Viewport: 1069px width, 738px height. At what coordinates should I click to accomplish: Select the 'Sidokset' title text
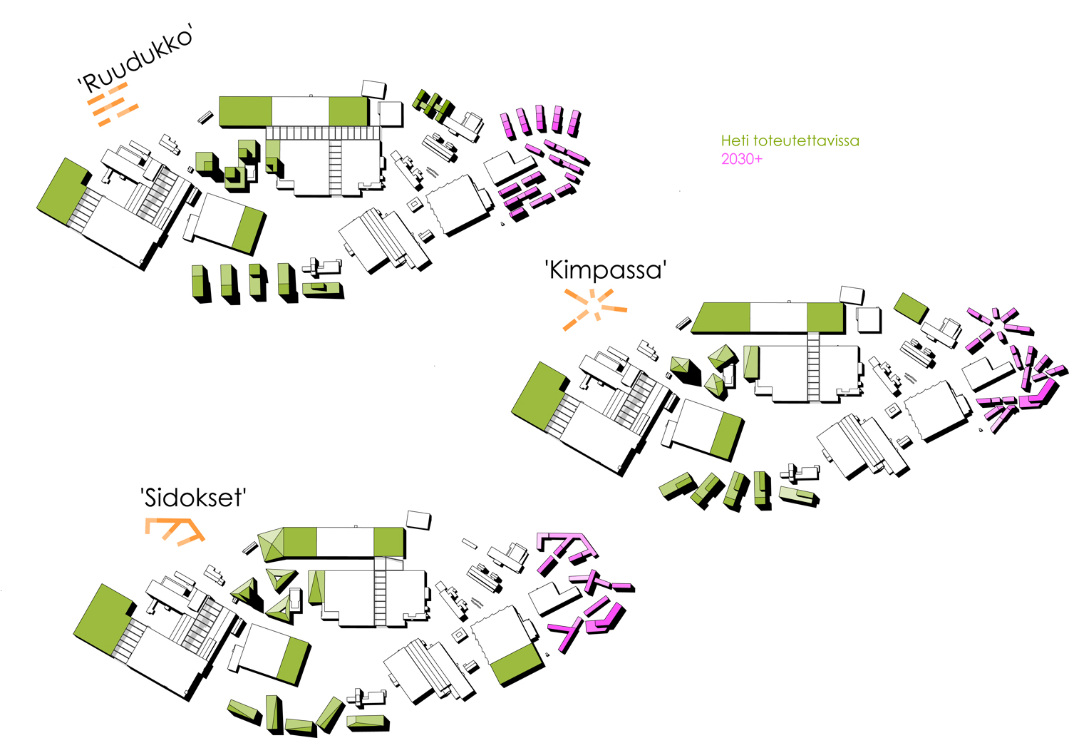point(193,497)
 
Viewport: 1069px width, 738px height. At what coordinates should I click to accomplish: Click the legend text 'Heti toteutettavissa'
point(790,140)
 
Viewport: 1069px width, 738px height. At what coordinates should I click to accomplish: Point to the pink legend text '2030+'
point(741,159)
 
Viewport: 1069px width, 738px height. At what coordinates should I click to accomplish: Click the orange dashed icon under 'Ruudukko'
point(112,104)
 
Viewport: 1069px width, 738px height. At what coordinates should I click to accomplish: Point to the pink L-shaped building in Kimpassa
point(1038,394)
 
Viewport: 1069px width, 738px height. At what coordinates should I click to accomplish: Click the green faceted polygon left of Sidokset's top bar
point(271,545)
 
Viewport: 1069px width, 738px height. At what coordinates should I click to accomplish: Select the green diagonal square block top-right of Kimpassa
point(910,307)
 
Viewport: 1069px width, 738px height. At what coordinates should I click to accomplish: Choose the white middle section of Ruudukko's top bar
point(300,111)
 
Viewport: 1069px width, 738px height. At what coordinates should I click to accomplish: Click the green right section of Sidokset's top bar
point(388,542)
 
